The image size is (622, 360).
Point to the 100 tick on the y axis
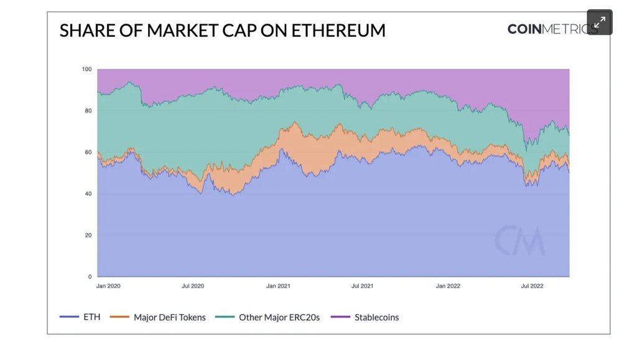pyautogui.click(x=86, y=69)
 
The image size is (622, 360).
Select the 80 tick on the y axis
pyautogui.click(x=88, y=111)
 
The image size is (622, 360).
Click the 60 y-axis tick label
pyautogui.click(x=88, y=152)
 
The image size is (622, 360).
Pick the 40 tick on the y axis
pyautogui.click(x=88, y=194)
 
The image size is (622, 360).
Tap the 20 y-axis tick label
pyautogui.click(x=88, y=235)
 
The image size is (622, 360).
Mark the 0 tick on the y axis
pyautogui.click(x=90, y=277)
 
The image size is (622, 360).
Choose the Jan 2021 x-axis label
pyautogui.click(x=278, y=287)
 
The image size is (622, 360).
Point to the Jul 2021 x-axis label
pyautogui.click(x=363, y=287)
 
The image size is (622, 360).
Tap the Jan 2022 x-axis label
pyautogui.click(x=448, y=287)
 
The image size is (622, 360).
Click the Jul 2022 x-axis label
pyautogui.click(x=532, y=287)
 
